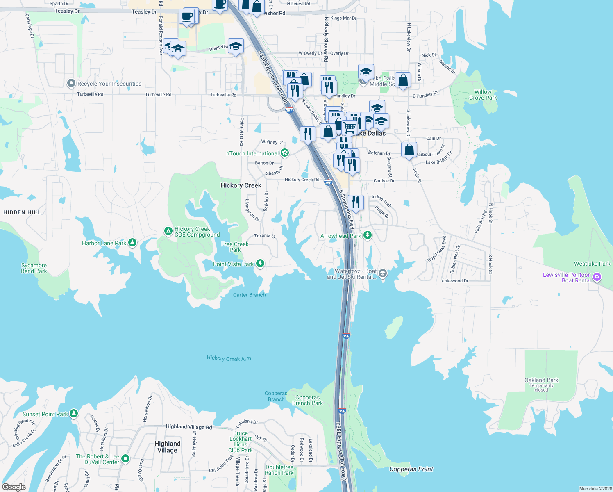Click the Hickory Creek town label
(241, 186)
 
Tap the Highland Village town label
(167, 447)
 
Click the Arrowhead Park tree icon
(368, 235)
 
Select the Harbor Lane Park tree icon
(132, 243)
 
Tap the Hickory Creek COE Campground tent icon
(168, 231)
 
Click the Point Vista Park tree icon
(260, 263)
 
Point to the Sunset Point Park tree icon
(74, 413)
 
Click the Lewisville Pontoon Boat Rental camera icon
(597, 277)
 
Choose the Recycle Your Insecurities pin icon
(71, 83)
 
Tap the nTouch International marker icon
(285, 153)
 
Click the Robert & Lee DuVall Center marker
(125, 458)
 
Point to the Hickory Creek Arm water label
(229, 358)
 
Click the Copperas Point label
(411, 469)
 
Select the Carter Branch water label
(249, 295)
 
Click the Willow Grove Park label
(483, 95)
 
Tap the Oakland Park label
(541, 380)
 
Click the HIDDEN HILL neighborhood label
(22, 212)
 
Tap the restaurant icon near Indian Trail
(356, 203)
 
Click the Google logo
(14, 487)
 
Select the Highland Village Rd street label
(188, 427)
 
